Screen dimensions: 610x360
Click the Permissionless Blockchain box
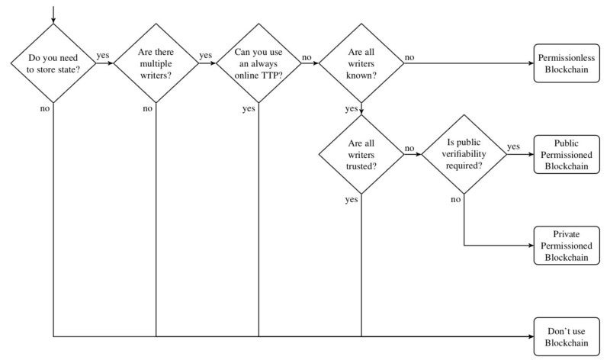(x=567, y=63)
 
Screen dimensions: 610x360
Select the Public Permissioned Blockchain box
(x=567, y=154)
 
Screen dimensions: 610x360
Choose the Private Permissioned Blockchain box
(x=567, y=245)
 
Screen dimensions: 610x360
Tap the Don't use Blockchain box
(x=567, y=336)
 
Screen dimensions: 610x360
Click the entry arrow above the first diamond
(x=53, y=14)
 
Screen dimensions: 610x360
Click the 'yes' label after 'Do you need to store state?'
(x=103, y=55)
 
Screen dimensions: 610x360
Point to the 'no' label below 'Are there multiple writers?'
(x=147, y=108)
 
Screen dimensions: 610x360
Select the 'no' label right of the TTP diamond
(x=307, y=58)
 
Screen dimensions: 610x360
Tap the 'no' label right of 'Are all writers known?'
(x=409, y=58)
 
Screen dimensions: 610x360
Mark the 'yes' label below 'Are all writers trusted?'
(x=352, y=200)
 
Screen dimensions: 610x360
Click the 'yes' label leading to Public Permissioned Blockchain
(x=513, y=146)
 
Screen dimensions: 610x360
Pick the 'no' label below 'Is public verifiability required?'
(x=455, y=200)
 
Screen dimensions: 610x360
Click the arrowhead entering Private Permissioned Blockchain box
(x=531, y=246)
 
